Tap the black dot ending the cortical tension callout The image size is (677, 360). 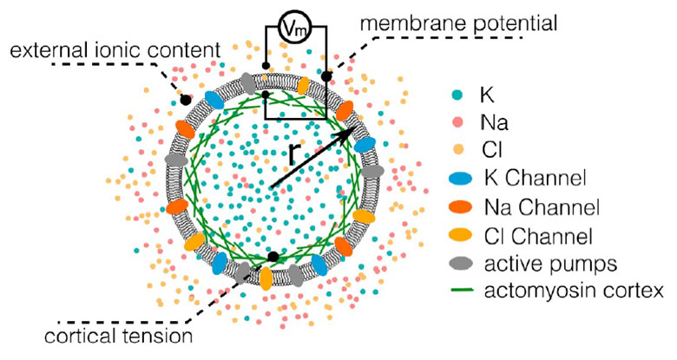point(273,258)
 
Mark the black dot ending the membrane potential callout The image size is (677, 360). point(327,77)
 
